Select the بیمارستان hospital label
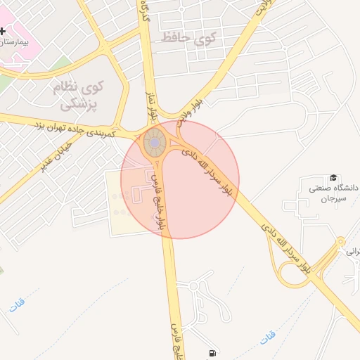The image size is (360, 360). click(15, 42)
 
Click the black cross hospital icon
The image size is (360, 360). click(3, 32)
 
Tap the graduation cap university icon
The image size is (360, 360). click(333, 179)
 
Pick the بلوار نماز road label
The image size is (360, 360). click(150, 102)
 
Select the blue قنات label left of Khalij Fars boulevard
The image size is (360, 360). click(16, 304)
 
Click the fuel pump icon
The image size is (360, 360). click(211, 354)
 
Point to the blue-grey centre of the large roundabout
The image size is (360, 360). click(154, 143)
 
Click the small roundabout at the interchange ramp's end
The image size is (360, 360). click(341, 242)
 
